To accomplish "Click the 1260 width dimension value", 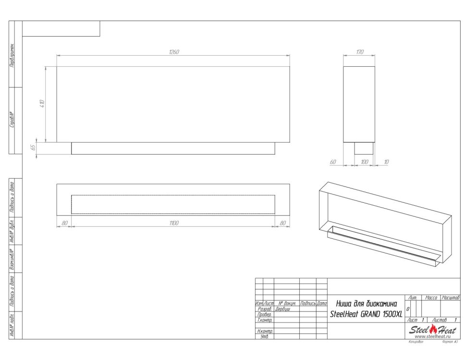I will point(173,52).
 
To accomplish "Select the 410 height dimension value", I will point(42,103).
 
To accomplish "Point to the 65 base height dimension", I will point(33,148).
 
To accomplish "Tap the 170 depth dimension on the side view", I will point(359,52).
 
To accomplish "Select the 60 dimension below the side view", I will point(332,162).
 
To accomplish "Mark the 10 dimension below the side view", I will point(387,162).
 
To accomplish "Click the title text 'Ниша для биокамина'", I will point(366,304).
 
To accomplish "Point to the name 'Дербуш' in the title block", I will point(282,309).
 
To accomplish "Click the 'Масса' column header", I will point(431,298).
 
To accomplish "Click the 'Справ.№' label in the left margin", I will point(12,120).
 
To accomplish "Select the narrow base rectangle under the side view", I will point(364,148).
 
